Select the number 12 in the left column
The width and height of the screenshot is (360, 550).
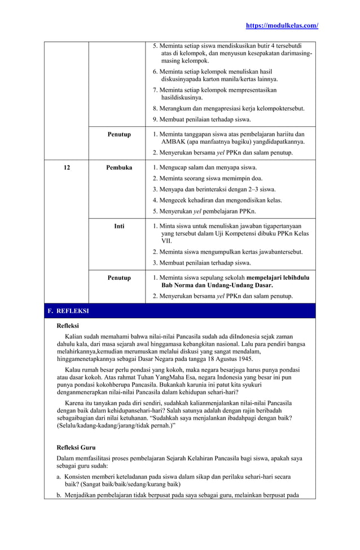(67, 168)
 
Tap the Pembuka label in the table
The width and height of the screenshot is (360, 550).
(119, 168)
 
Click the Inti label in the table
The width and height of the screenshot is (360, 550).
(119, 226)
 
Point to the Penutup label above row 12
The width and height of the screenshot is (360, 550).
(119, 134)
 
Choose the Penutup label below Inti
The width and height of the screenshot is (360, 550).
(119, 278)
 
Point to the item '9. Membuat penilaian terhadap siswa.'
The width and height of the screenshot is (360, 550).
(202, 119)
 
